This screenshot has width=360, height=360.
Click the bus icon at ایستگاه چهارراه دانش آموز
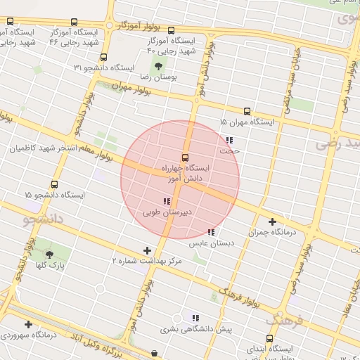[185, 157]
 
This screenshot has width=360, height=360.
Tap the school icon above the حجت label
[230, 140]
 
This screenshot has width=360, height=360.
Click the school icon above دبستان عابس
[211, 233]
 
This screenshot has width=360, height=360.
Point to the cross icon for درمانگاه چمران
[272, 221]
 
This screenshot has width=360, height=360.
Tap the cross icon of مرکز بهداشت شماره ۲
[147, 250]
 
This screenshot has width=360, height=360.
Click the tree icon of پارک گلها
[49, 255]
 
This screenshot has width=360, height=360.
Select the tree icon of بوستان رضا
[157, 66]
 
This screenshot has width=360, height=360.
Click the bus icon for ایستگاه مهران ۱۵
[247, 111]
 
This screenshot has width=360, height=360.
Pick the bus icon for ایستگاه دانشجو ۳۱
[103, 57]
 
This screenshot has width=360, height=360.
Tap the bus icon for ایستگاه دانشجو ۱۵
[64, 185]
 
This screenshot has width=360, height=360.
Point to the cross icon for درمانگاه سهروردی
[28, 324]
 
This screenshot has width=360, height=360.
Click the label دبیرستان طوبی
[168, 212]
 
